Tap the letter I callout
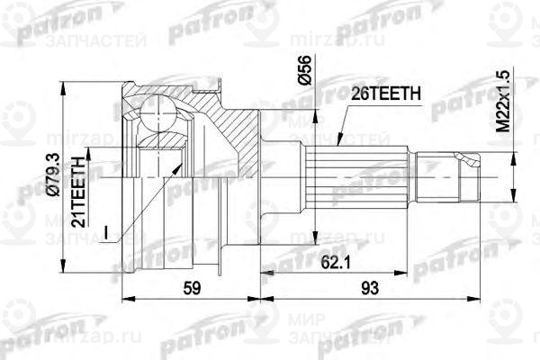108,236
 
